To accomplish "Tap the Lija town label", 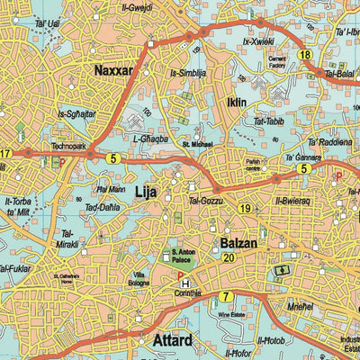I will click(x=145, y=192).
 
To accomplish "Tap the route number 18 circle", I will click(x=307, y=56).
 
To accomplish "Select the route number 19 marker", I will click(x=245, y=209).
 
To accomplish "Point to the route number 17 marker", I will click(x=5, y=154).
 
